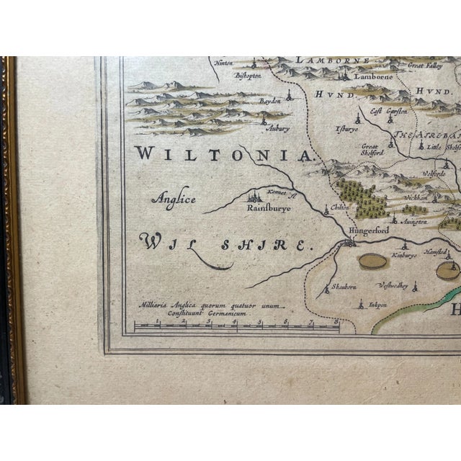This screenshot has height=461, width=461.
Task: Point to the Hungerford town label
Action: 368,230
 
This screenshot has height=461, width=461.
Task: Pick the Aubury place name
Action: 278,129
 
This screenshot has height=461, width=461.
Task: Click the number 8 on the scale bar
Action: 336,322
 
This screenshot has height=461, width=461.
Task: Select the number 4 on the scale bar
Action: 233,322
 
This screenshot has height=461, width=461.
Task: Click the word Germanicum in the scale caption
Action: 225,315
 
